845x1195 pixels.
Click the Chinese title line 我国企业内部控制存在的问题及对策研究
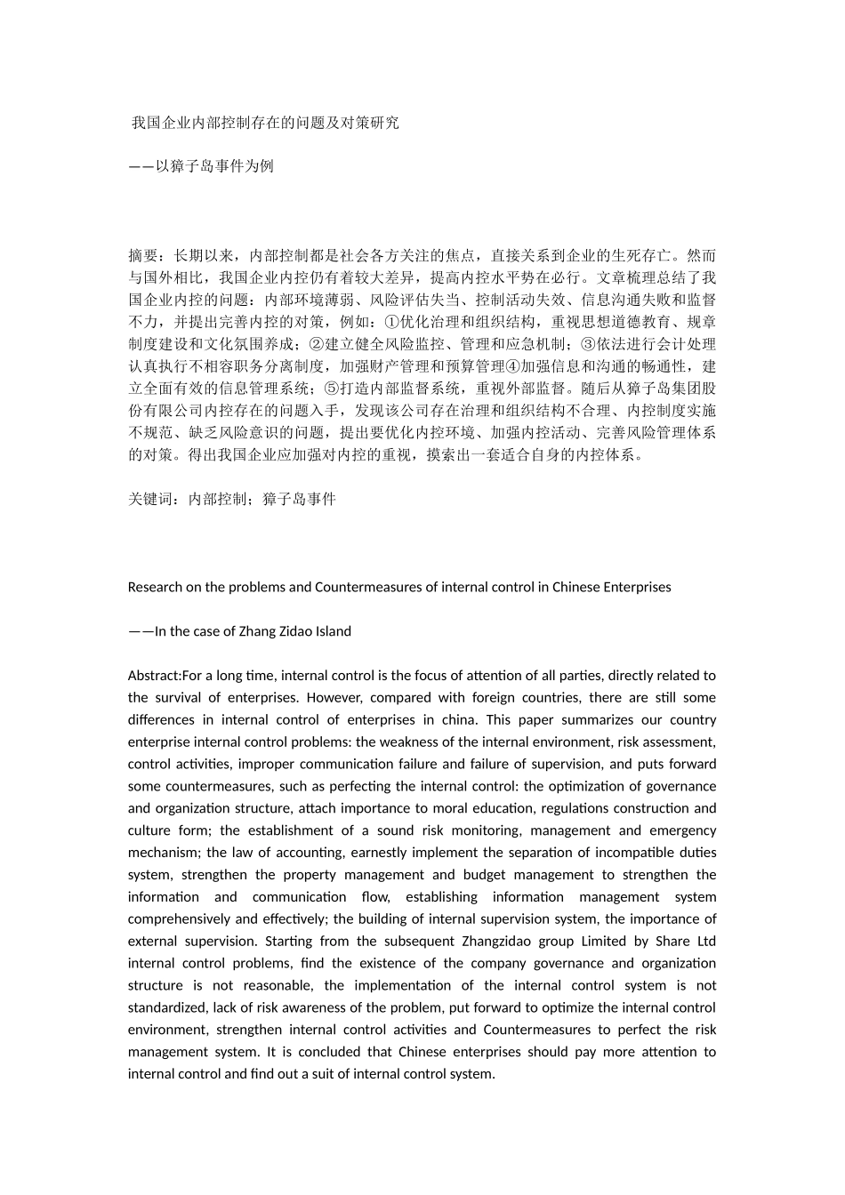(x=265, y=123)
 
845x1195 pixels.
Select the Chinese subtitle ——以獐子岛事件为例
(x=201, y=166)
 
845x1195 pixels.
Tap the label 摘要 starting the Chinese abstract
(x=143, y=255)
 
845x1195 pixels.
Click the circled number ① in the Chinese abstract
(x=390, y=322)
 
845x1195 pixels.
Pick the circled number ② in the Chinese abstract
(x=313, y=344)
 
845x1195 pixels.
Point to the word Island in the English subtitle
(x=331, y=631)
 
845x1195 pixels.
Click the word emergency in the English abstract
(x=684, y=830)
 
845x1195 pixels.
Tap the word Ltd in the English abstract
(x=705, y=941)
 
